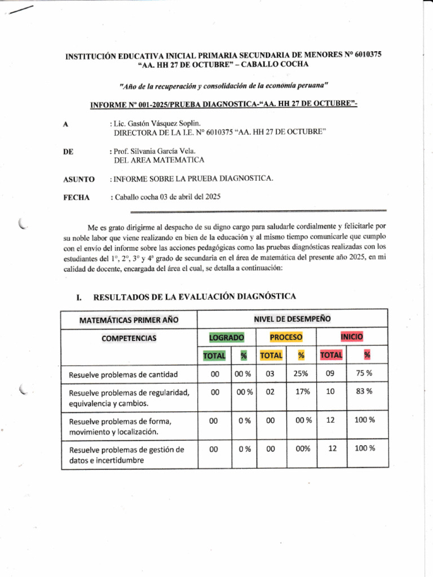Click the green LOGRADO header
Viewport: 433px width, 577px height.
coord(227,338)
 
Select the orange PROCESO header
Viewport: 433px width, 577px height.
coord(285,337)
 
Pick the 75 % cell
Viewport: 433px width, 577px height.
coord(363,372)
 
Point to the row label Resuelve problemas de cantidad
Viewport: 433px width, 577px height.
coord(123,374)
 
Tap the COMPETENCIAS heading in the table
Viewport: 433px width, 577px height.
coord(129,338)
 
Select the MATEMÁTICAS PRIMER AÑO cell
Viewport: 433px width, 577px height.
coord(129,320)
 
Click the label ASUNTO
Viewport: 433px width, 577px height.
coord(78,179)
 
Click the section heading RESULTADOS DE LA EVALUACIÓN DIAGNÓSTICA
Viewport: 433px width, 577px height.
coord(195,296)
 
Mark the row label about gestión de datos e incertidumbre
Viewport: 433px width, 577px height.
coord(126,455)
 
